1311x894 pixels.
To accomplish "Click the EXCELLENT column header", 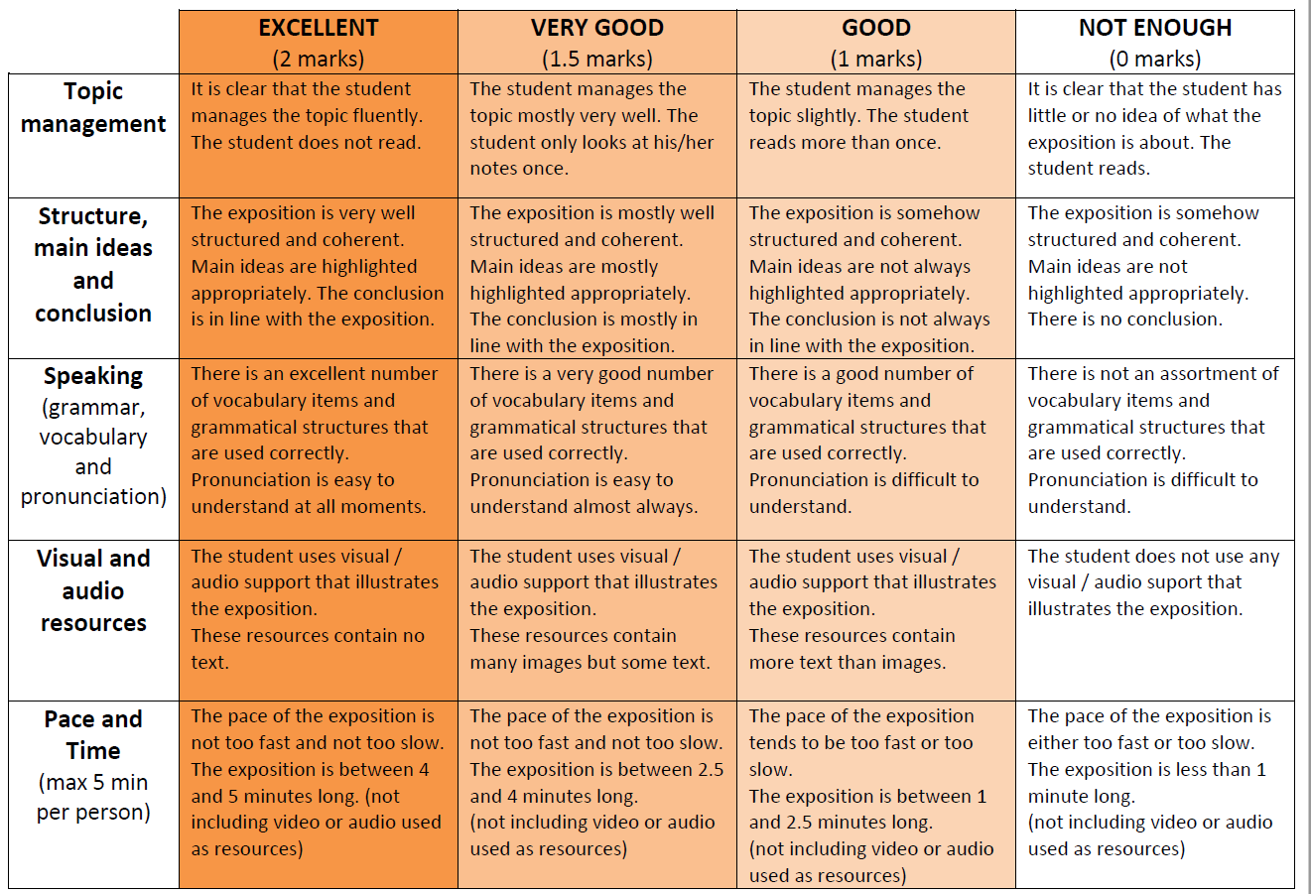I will (x=318, y=28).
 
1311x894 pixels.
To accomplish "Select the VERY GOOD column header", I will (x=596, y=28).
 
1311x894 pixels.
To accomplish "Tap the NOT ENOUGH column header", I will (x=1154, y=28).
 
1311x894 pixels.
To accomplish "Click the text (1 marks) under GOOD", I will (x=875, y=59).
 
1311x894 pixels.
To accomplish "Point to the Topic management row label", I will (x=93, y=107).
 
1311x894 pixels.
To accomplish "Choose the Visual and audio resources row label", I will (x=93, y=590).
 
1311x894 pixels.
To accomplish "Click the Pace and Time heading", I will (x=93, y=734).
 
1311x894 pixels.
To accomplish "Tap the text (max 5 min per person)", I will (x=93, y=797).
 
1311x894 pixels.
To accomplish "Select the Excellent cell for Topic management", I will (x=318, y=135).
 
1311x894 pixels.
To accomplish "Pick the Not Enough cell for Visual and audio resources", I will (x=1154, y=620).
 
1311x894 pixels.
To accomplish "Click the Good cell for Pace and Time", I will (x=875, y=795).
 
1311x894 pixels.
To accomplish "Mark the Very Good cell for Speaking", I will (x=596, y=448).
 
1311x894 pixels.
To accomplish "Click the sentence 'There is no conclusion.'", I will (x=1124, y=319).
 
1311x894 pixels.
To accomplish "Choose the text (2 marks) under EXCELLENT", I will (x=318, y=59).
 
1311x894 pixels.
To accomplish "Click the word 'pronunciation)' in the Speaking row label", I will (x=93, y=496).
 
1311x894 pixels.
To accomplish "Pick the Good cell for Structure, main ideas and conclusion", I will (x=875, y=278).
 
